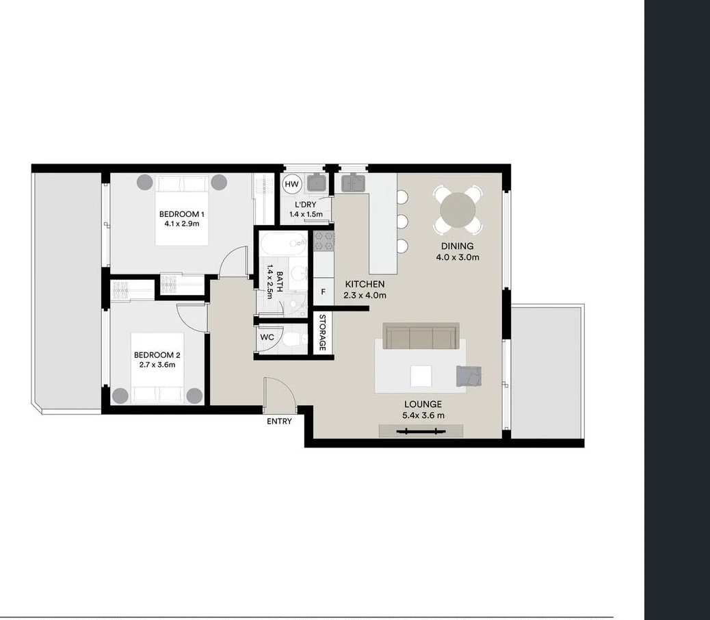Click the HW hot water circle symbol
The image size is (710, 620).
point(292,184)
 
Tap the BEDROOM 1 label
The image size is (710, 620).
point(182,214)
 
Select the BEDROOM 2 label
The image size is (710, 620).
point(157,354)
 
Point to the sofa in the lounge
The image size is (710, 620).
point(421,337)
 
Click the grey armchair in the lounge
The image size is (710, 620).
point(469,376)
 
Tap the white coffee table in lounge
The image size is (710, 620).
point(421,376)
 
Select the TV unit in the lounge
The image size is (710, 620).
point(421,431)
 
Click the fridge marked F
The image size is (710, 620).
point(323,292)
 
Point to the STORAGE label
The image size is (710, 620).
point(322,333)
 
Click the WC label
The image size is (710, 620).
point(266,337)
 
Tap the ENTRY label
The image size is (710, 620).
point(279,422)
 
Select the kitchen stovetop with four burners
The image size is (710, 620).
point(324,242)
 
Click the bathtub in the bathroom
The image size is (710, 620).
point(283,242)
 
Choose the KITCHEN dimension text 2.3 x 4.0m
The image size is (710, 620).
point(365,296)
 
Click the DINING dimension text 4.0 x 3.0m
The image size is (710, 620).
point(458,258)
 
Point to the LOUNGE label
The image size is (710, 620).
point(423,404)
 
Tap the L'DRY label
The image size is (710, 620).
point(305,205)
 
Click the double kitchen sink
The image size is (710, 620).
point(353,183)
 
